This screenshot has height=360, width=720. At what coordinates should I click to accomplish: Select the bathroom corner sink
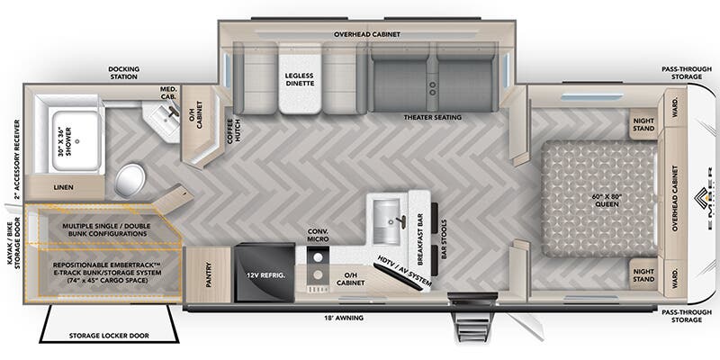(164, 117)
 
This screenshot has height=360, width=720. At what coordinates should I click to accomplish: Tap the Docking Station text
(122, 72)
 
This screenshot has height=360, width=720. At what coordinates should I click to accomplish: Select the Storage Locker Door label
(110, 337)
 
